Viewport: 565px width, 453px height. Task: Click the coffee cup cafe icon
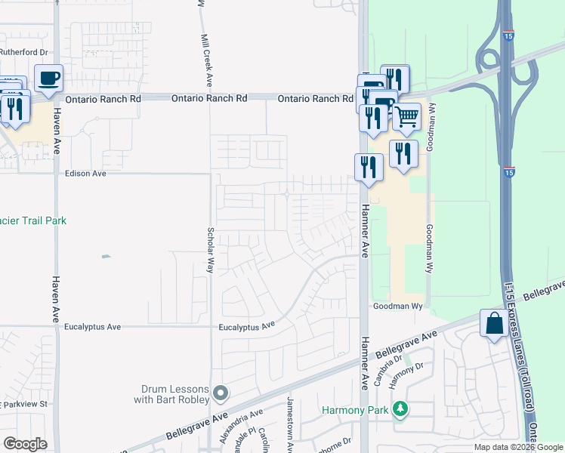point(48,78)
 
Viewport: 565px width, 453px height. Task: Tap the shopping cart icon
point(406,117)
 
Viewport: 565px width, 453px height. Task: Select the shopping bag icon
point(494,324)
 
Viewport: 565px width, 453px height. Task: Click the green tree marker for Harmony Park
point(400,410)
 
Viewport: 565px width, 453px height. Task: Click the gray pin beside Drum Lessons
point(221,393)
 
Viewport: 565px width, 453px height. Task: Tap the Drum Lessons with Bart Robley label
point(175,394)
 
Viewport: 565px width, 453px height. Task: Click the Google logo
point(25,444)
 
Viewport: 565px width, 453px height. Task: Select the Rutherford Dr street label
point(23,52)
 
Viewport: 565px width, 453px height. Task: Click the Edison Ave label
point(85,173)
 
